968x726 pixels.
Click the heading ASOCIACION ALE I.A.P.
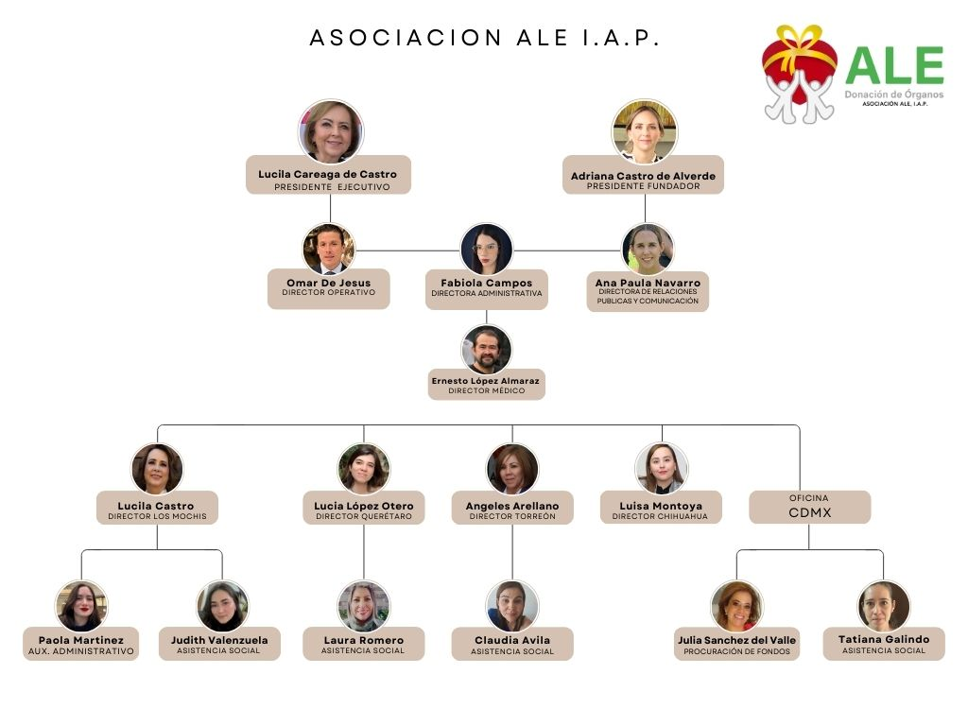click(x=485, y=38)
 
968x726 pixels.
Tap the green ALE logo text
click(x=894, y=65)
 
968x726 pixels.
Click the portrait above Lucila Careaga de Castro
click(x=331, y=131)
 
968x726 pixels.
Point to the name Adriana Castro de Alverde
click(x=643, y=176)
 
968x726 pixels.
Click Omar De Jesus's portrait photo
click(x=329, y=249)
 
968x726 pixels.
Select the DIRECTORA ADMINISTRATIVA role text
click(x=487, y=293)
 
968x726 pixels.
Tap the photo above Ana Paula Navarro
click(x=648, y=249)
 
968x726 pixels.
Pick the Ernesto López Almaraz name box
click(x=487, y=384)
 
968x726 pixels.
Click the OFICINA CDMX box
click(x=809, y=507)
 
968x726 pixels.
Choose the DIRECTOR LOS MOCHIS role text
click(x=157, y=516)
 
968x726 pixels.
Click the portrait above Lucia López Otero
click(x=364, y=469)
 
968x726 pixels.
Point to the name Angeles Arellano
click(x=512, y=506)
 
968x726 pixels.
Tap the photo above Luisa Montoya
click(x=661, y=469)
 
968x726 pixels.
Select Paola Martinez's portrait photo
click(x=81, y=606)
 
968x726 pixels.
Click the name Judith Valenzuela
click(x=219, y=640)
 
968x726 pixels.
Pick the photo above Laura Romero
click(x=364, y=606)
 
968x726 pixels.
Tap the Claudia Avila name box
click(x=512, y=644)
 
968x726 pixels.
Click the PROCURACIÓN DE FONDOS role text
click(x=736, y=651)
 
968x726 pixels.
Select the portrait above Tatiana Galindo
click(x=884, y=606)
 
